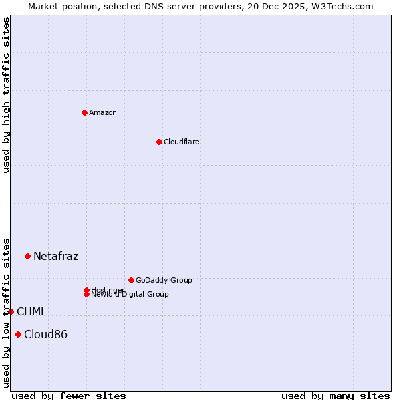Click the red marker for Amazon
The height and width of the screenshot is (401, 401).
click(x=84, y=112)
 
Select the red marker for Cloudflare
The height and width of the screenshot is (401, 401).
click(x=159, y=142)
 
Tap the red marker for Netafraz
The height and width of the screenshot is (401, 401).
click(x=27, y=256)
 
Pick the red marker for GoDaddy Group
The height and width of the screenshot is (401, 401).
click(x=131, y=280)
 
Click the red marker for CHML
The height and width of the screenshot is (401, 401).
click(x=11, y=311)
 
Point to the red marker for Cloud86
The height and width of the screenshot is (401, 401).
click(x=18, y=334)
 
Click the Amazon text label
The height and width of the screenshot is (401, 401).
click(x=103, y=112)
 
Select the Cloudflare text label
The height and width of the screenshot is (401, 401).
click(x=181, y=142)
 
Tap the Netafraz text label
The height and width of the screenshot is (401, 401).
click(x=55, y=256)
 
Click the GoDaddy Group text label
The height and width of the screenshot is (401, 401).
click(x=164, y=280)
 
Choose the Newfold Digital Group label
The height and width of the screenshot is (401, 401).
click(x=130, y=295)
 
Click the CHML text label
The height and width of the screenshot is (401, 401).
click(x=31, y=311)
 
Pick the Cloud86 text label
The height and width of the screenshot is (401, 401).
click(x=45, y=334)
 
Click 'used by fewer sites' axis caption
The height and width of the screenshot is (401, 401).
click(x=69, y=396)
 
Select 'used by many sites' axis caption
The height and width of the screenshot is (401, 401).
click(x=336, y=396)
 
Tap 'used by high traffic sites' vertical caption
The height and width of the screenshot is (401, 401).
click(x=6, y=95)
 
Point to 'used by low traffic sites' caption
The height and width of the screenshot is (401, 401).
click(x=6, y=313)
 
